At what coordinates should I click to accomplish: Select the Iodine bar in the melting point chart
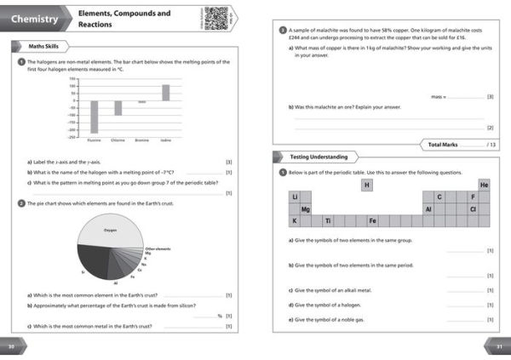[165, 92]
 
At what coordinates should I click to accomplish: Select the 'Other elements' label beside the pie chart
[158, 249]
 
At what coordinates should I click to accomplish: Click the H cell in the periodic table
[367, 185]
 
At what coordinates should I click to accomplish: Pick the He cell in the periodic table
[484, 185]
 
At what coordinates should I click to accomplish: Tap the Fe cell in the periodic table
[372, 220]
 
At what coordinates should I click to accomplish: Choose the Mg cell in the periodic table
[305, 209]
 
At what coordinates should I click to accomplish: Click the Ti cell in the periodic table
[328, 220]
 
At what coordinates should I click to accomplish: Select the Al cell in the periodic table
[428, 209]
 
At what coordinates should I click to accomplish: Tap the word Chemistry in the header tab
[36, 19]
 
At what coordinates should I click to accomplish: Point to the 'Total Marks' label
[446, 145]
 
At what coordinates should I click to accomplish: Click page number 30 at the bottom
[12, 346]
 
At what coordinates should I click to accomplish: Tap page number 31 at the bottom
[499, 346]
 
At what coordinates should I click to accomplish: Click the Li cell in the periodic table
[295, 197]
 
